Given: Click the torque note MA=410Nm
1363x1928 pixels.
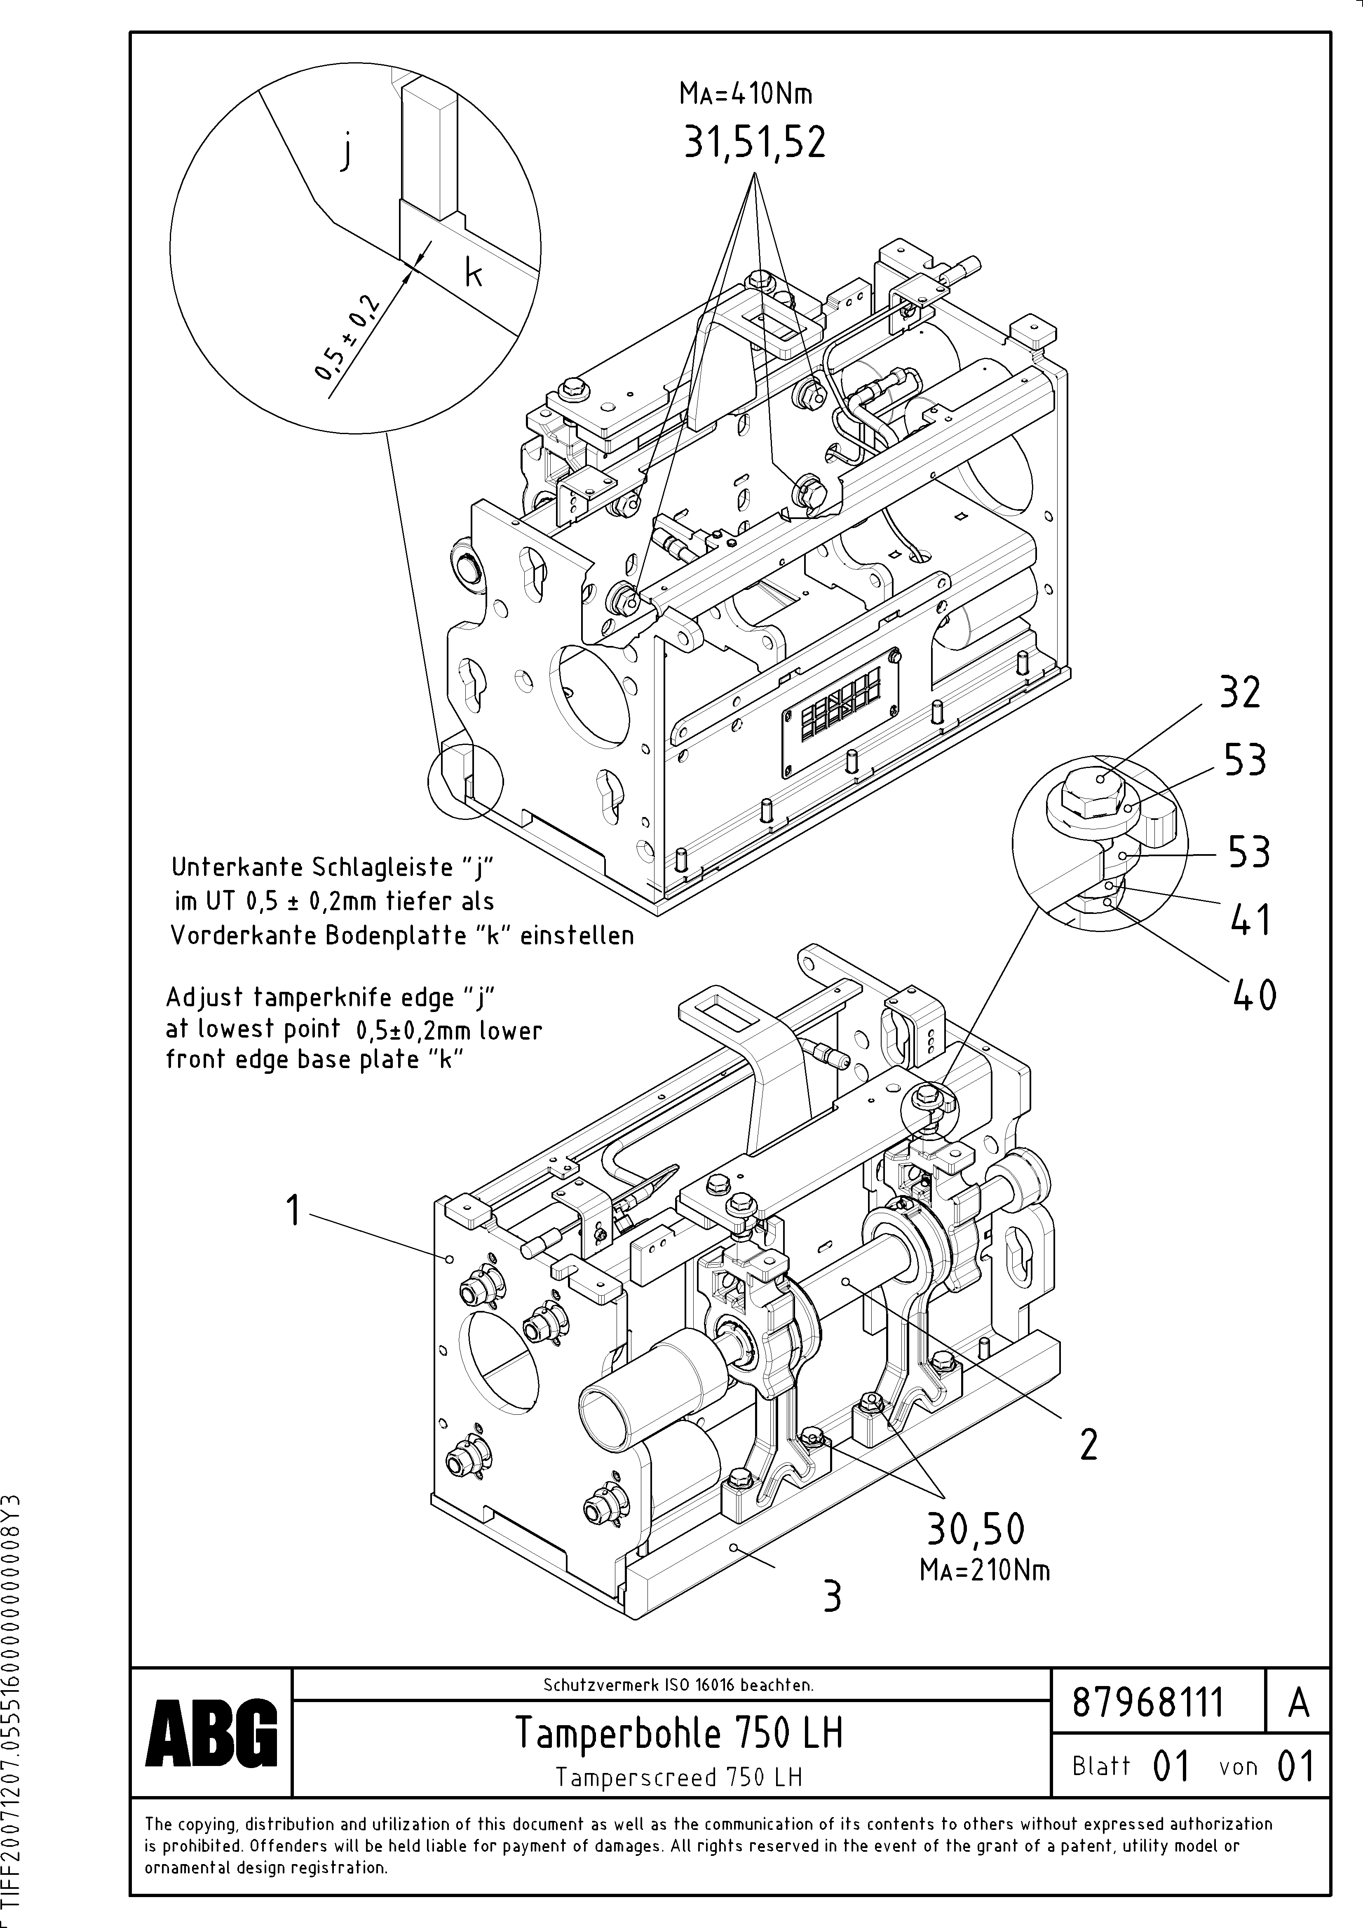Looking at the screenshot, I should [746, 94].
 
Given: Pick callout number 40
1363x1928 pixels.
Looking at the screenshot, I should [1255, 997].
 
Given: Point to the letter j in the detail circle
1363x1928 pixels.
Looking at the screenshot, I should [345, 154].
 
